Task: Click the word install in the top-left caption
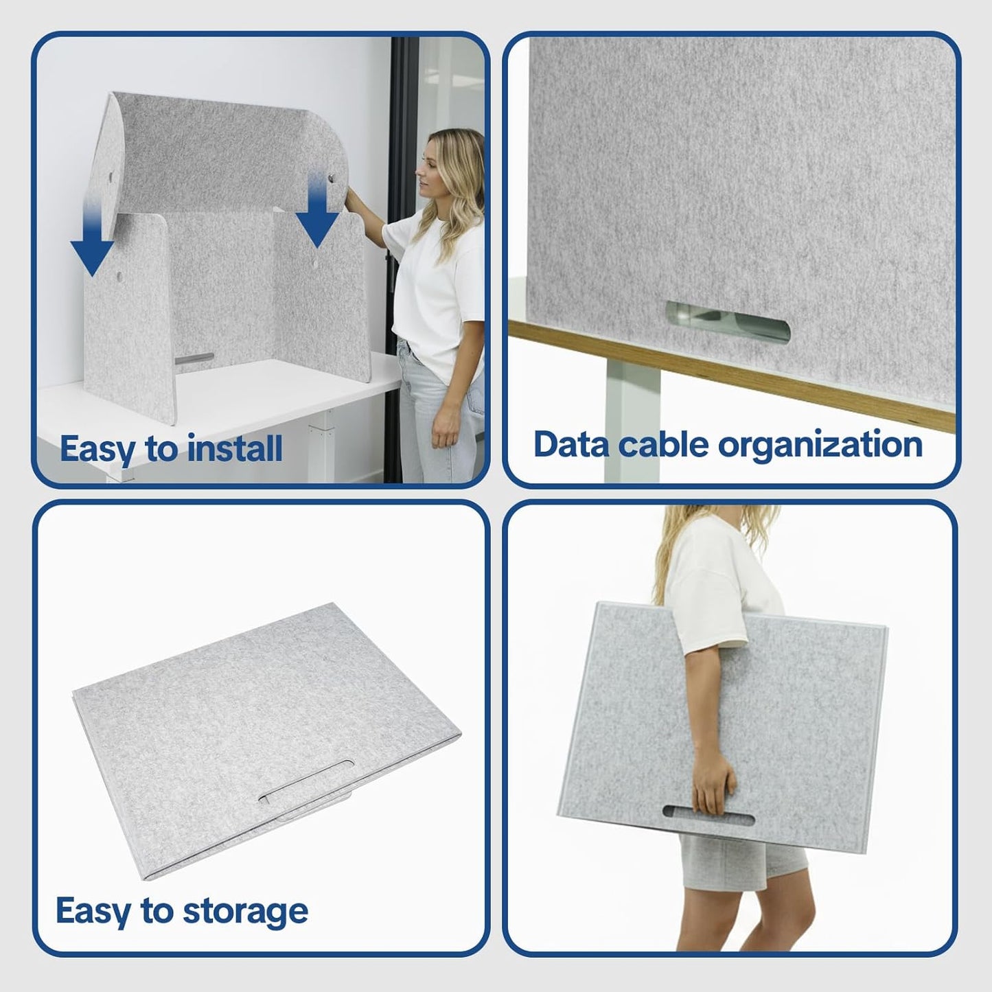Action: point(235,449)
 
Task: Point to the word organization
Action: point(820,446)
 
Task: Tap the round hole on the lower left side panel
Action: point(120,275)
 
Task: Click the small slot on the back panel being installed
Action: point(194,358)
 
